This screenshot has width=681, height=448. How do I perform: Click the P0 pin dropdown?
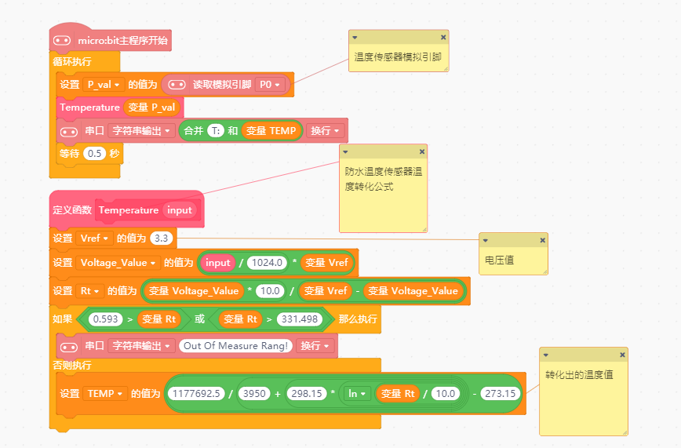pos(270,84)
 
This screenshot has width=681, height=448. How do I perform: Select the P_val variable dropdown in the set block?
pos(104,84)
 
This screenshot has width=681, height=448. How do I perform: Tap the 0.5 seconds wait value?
pos(95,154)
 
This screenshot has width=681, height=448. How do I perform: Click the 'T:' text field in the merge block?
pos(216,130)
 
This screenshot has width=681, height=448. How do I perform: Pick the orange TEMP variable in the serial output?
pos(271,131)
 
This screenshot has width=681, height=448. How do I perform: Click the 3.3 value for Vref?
pos(161,238)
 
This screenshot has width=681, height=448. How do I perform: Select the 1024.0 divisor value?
pos(267,263)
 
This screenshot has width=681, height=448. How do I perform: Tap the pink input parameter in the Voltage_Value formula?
pos(217,263)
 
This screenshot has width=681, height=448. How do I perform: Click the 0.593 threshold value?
pos(106,319)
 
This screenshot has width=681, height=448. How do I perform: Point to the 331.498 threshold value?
pos(299,319)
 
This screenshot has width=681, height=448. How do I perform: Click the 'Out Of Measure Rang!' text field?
pos(235,345)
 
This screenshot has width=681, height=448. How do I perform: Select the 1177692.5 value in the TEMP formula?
pos(196,393)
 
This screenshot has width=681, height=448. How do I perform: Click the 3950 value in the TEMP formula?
pos(254,393)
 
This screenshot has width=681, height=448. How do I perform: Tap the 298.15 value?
pos(307,393)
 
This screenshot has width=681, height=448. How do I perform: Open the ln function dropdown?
pos(356,393)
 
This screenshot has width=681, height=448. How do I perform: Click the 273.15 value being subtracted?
pos(501,393)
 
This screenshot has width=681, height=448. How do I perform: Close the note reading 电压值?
pos(542,240)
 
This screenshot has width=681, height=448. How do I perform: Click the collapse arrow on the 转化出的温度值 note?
pos(546,355)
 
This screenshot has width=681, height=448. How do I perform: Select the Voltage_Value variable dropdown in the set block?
pos(118,263)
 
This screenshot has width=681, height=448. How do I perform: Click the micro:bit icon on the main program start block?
pos(62,41)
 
